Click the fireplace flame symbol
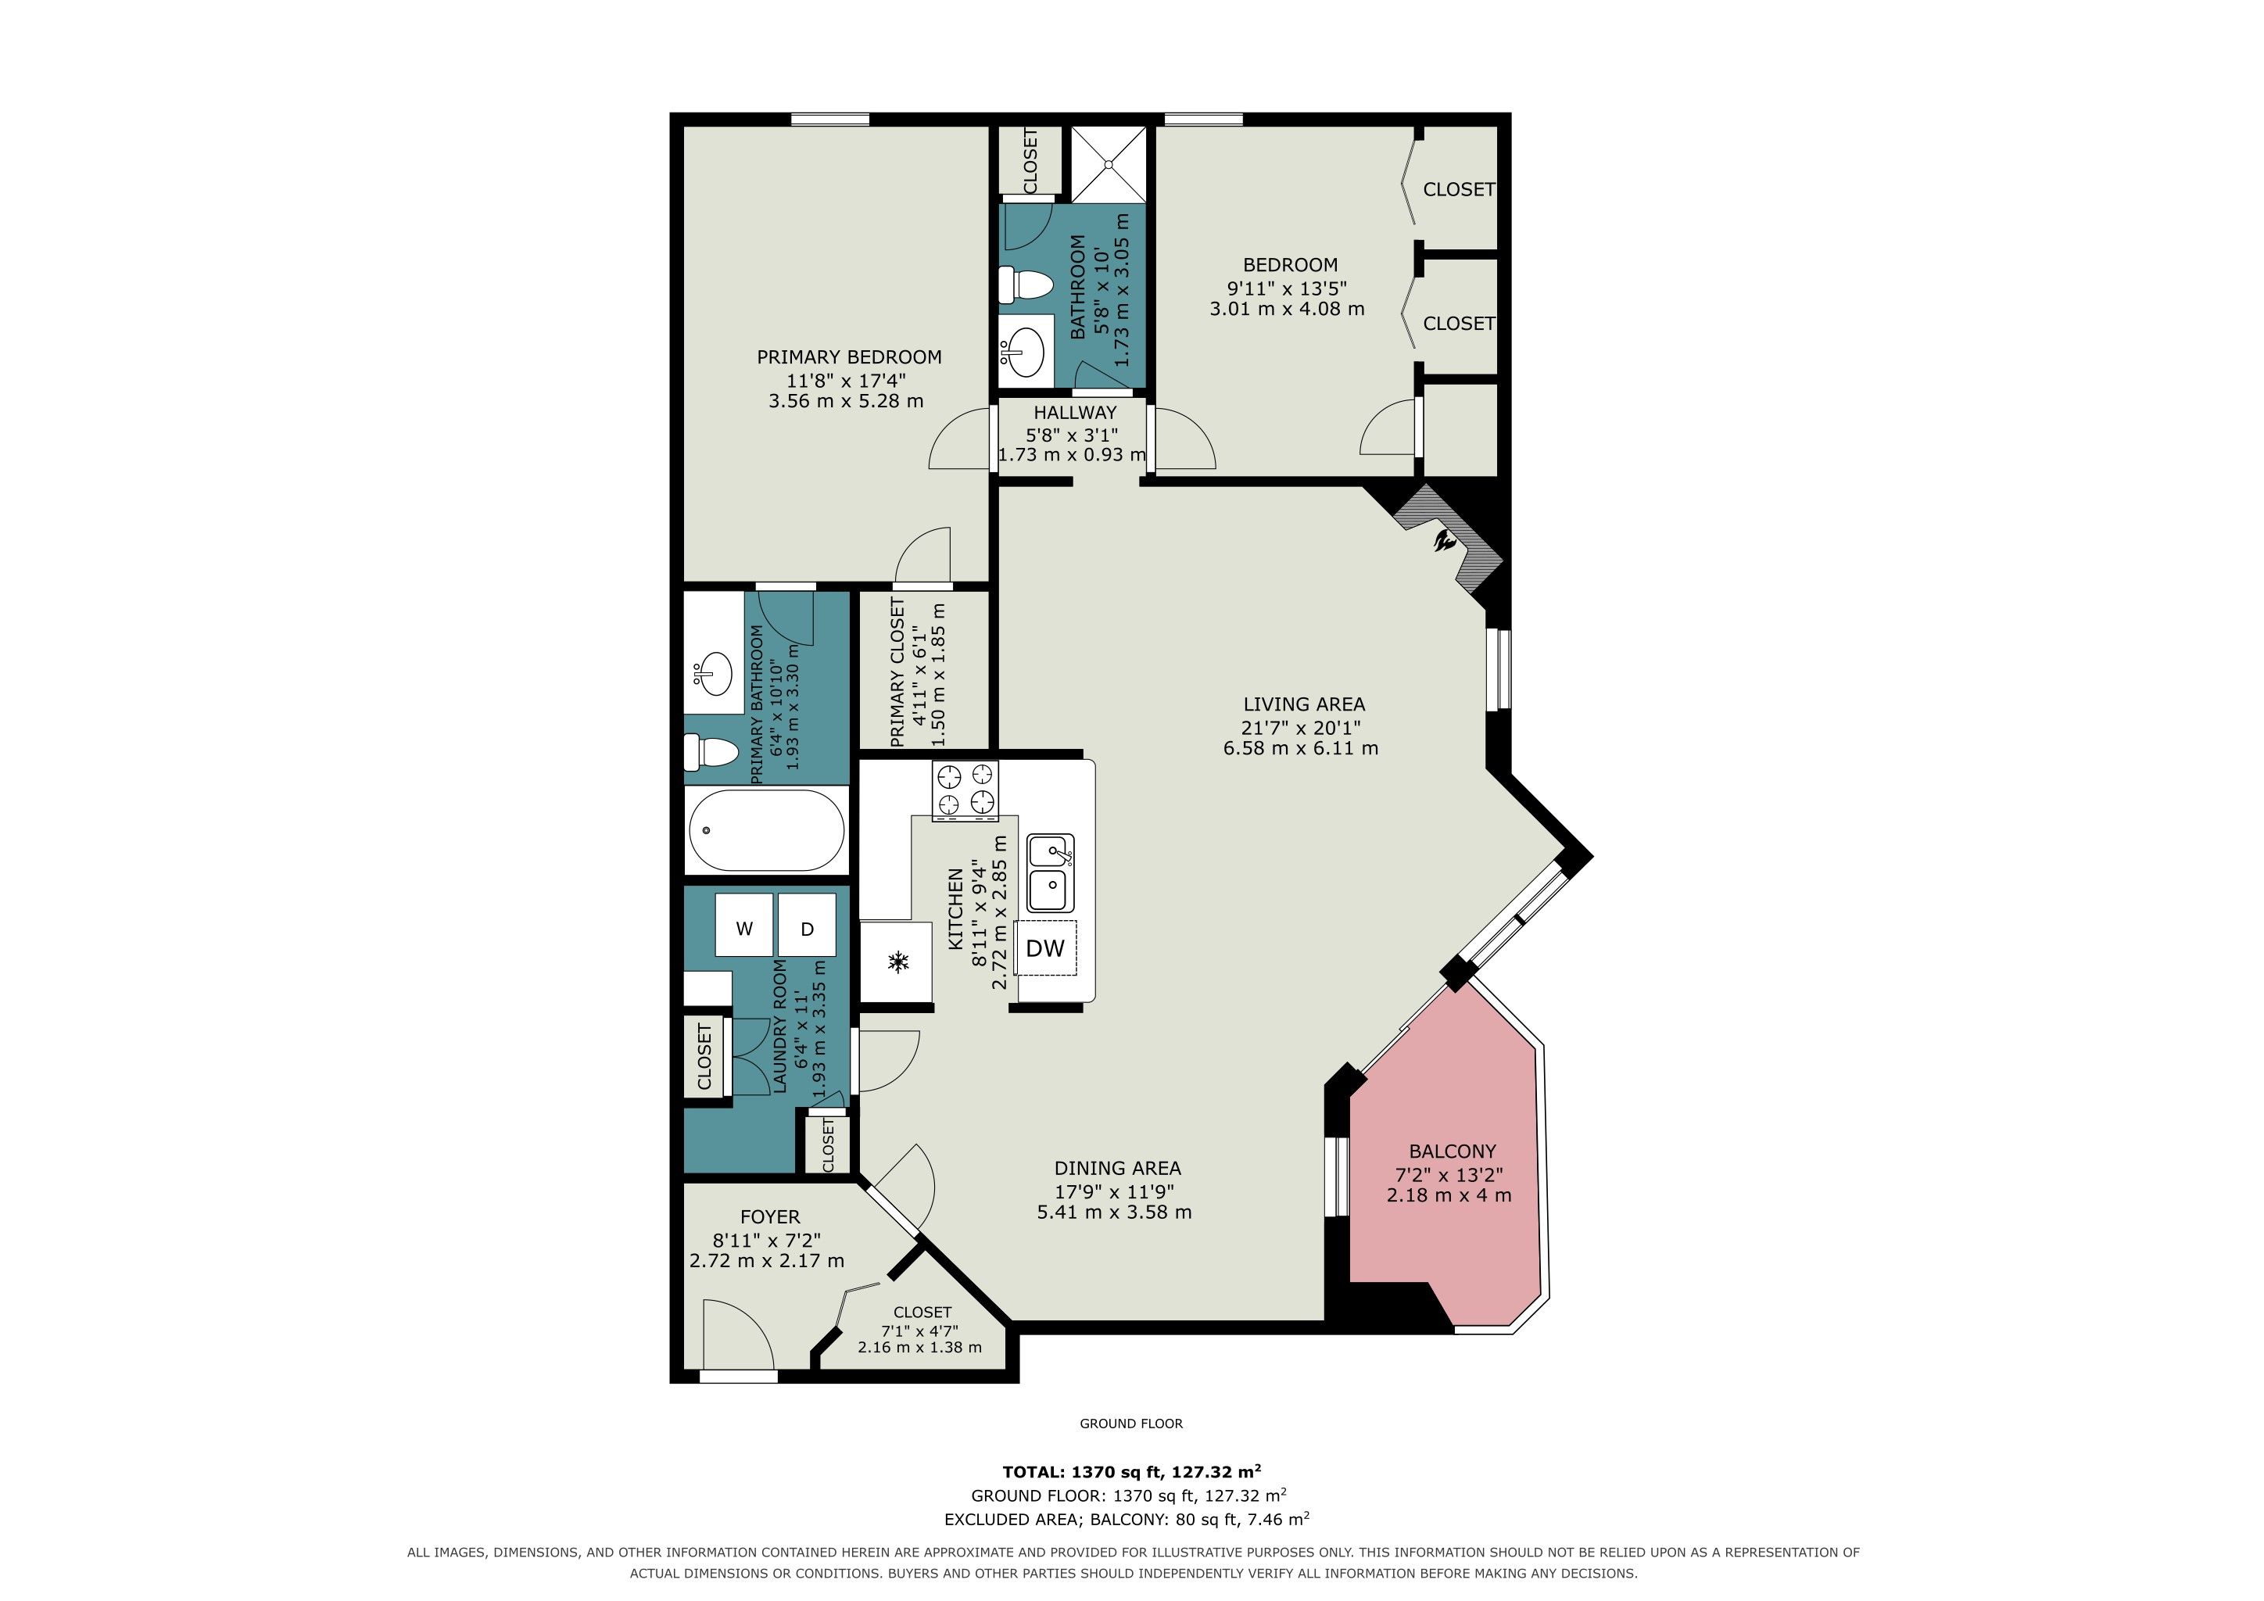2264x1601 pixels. [1446, 541]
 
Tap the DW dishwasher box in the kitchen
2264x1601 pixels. [1045, 948]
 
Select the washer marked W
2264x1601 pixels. [744, 928]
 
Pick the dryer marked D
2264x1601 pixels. [807, 928]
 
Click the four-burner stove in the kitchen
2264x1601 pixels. [965, 790]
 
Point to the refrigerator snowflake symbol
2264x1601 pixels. [898, 962]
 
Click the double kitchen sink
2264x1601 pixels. [1051, 873]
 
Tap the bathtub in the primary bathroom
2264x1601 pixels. [766, 830]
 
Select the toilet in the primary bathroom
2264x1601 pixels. [712, 753]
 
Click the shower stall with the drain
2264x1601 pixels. [1109, 163]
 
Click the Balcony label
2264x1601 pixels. [1453, 1151]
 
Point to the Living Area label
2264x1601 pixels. [1303, 704]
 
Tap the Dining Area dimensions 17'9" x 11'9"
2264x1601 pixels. [1114, 1190]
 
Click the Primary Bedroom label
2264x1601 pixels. [849, 357]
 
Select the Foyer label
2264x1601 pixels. [770, 1216]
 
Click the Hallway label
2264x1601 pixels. [1075, 412]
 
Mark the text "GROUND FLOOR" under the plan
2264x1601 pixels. [1131, 1423]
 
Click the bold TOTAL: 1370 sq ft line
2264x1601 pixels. [1132, 1472]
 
